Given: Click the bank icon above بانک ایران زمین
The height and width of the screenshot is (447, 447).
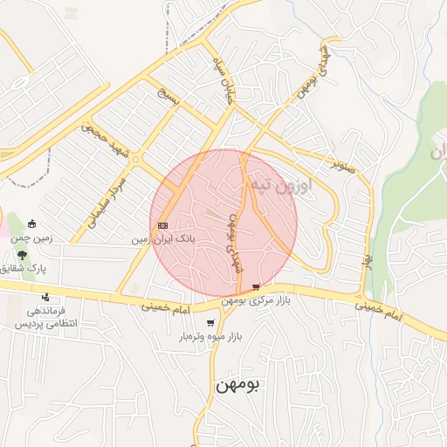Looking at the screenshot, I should [x=163, y=225].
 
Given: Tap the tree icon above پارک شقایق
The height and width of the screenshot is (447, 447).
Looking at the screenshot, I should [x=21, y=255].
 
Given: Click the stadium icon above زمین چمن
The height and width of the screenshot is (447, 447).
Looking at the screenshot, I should [x=32, y=224].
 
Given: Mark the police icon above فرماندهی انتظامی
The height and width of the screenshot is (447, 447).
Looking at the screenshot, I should [x=45, y=297].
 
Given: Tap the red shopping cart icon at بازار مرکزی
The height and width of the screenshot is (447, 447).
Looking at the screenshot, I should [x=255, y=286].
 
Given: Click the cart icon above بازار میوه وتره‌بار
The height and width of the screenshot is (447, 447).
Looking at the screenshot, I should [x=210, y=322].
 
